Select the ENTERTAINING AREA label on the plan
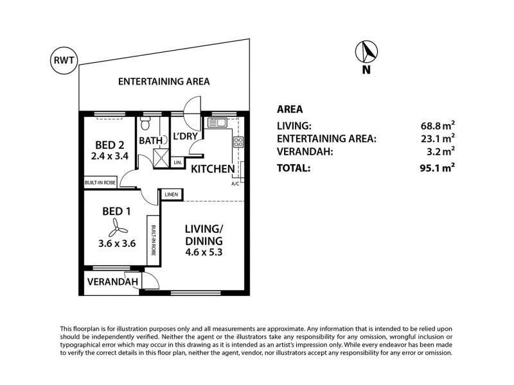(x=164, y=81)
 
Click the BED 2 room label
(x=105, y=143)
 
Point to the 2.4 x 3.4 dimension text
(x=105, y=155)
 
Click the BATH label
(x=150, y=141)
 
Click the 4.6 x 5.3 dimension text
(x=204, y=252)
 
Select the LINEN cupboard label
(x=171, y=194)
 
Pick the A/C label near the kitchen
(x=235, y=184)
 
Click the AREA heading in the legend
(x=289, y=109)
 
